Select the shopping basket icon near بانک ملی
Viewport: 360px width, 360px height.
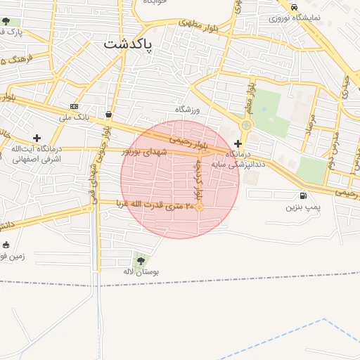pos(108,114)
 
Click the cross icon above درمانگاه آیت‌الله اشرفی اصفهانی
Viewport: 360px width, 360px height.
pos(37,138)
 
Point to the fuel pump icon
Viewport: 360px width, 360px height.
pos(303,196)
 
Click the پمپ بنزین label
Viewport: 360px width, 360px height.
pos(303,208)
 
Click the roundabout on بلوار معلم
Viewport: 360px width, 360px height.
pos(246,126)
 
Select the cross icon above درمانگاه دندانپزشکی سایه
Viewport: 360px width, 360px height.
pos(238,143)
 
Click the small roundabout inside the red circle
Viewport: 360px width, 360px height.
pos(200,207)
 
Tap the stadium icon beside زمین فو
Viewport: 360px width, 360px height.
pos(6,245)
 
